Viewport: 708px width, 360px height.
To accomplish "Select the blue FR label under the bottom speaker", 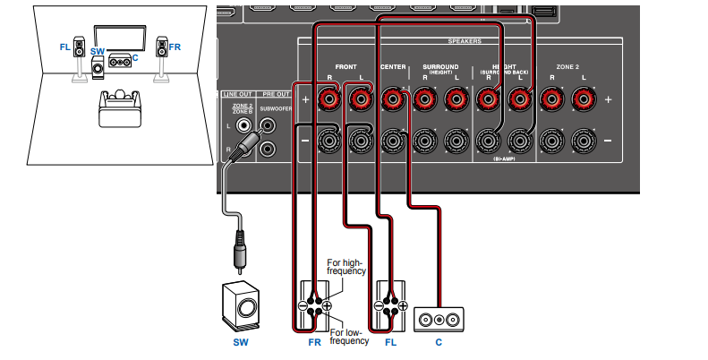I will coord(314,342).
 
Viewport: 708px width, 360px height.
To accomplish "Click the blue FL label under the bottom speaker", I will coord(390,342).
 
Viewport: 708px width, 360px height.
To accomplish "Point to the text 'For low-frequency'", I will coord(347,337).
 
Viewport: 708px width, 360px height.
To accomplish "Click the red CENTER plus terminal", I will coord(392,99).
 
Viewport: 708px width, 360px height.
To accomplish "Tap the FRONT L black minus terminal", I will coord(361,141).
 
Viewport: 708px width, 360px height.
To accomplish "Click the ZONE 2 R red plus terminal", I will coord(553,99).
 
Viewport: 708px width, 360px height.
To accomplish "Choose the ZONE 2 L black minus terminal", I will coord(583,141).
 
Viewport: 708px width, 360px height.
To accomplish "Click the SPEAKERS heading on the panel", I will coord(465,42).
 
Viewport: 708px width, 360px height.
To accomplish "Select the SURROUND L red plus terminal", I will coord(454,99).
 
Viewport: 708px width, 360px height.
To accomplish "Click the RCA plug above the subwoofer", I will coord(239,250).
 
